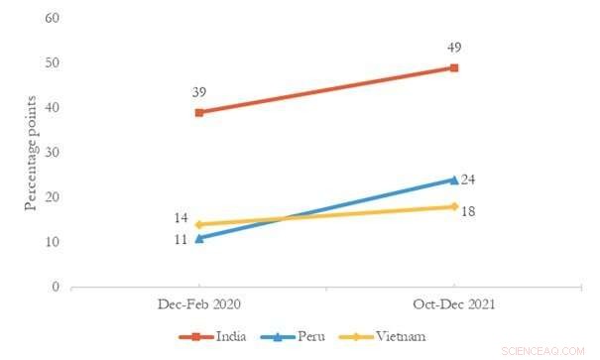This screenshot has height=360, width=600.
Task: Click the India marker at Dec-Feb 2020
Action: coord(199,112)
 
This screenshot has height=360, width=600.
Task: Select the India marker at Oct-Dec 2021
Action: coord(453,67)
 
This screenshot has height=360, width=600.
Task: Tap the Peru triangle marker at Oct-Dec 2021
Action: coord(453,180)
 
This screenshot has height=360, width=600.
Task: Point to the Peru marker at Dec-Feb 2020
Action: coord(199,238)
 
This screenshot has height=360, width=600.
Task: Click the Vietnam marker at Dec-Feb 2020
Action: coord(199,224)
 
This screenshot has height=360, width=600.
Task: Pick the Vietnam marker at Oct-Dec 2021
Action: coord(453,206)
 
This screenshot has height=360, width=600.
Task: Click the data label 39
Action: coord(199,91)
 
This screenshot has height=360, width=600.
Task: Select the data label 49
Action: coord(453,47)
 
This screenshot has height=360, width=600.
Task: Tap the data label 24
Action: coord(470,180)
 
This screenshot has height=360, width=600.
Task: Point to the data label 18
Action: coord(470,212)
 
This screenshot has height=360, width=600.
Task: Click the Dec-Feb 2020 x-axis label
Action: coord(199,302)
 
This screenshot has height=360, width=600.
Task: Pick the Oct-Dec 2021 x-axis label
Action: coord(453,302)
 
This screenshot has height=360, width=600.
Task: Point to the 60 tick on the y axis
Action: coord(52,19)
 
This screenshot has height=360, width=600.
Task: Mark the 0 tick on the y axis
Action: coord(56,288)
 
